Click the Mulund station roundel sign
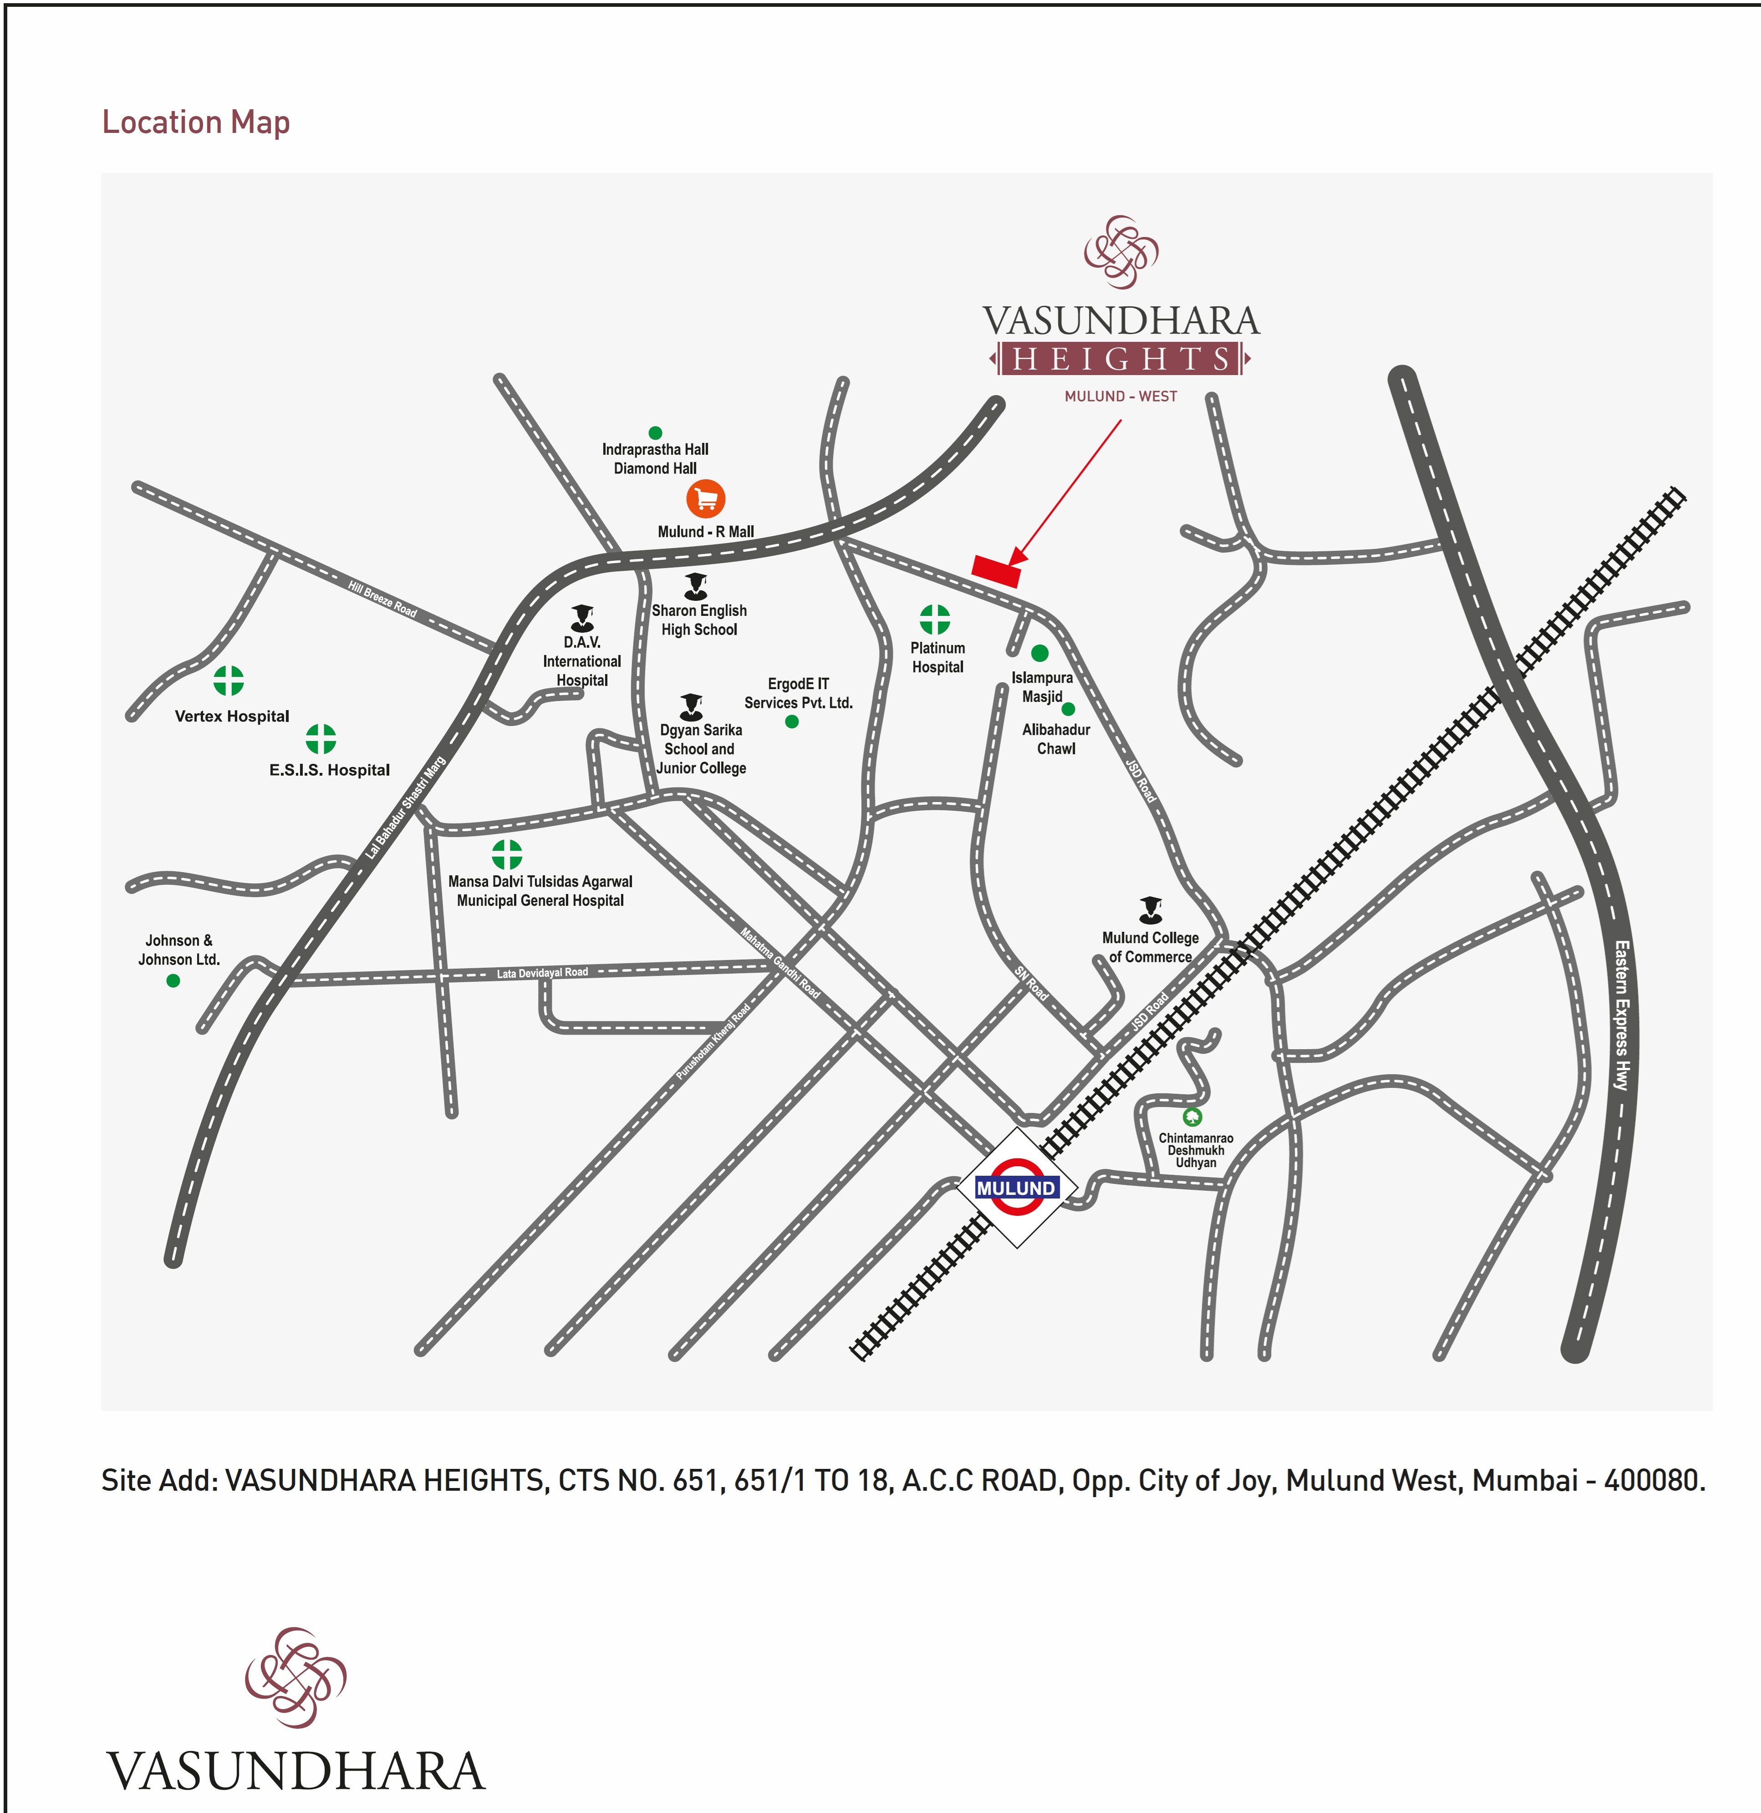click(1016, 1187)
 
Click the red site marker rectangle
click(996, 570)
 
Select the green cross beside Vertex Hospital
click(229, 681)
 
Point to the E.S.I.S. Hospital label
click(330, 770)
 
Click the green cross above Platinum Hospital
click(935, 619)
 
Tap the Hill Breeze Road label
click(382, 599)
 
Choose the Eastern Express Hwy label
click(1621, 1015)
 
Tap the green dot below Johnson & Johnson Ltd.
click(173, 980)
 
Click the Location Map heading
click(196, 122)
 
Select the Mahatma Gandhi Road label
click(780, 963)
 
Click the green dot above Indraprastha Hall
click(655, 432)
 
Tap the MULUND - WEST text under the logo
click(1120, 396)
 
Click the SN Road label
click(1031, 983)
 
